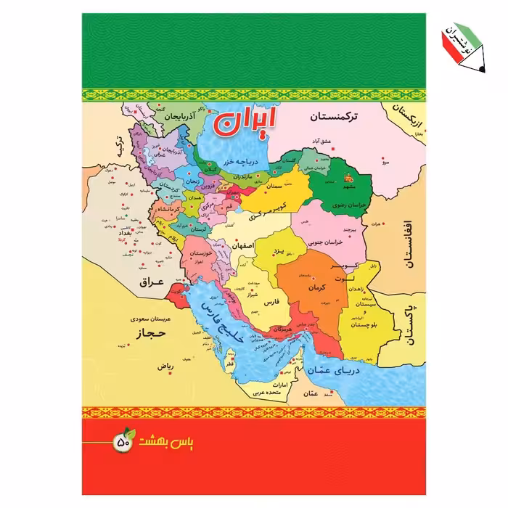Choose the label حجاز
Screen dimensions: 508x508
click(x=147, y=334)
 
